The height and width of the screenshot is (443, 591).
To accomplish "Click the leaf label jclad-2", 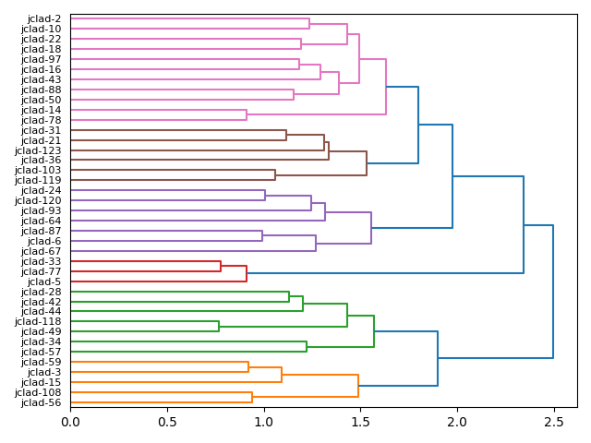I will click(x=44, y=18).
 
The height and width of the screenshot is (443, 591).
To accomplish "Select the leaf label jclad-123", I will click(x=38, y=150).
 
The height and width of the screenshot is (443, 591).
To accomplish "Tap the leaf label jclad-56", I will click(x=41, y=402).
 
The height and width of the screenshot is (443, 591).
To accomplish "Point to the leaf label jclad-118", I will click(x=38, y=321).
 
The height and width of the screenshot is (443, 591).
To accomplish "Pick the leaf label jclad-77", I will click(x=41, y=271).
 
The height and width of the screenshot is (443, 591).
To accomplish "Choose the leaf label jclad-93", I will click(x=41, y=210).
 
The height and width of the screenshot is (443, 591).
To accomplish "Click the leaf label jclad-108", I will click(x=38, y=392).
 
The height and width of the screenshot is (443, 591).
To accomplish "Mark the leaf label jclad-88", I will click(x=41, y=90).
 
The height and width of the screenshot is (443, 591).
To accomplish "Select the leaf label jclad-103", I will click(x=38, y=171).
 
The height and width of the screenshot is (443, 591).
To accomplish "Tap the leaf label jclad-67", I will click(x=41, y=251).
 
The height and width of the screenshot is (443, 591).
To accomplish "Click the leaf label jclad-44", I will click(x=41, y=312).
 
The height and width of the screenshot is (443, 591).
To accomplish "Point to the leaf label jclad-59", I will click(x=41, y=362).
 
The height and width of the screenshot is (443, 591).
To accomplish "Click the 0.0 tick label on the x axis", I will click(x=70, y=422).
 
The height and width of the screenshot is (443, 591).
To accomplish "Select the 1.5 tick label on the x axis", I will click(x=360, y=422).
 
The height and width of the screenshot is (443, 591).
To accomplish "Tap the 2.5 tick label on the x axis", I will click(x=553, y=422).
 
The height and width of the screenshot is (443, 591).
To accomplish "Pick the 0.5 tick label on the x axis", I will click(x=167, y=422).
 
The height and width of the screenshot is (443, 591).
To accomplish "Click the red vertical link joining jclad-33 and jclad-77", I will click(x=221, y=267).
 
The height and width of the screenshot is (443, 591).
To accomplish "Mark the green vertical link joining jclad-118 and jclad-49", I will click(x=219, y=327).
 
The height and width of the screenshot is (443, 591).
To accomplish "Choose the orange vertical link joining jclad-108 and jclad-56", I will click(x=252, y=397).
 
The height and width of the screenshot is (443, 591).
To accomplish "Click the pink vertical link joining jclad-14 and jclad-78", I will click(x=247, y=115).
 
